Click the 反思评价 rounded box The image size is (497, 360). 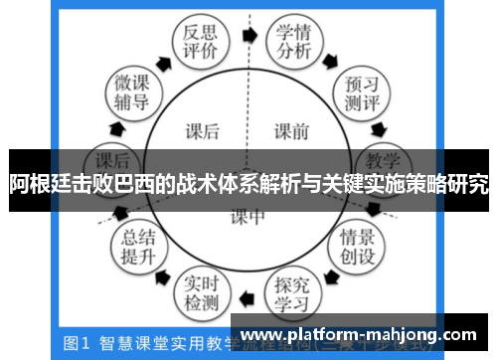[194, 43]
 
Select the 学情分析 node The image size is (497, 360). [294, 43]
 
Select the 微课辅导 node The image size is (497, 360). [130, 90]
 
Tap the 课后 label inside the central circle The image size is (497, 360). [202, 130]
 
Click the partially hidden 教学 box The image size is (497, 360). [381, 159]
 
